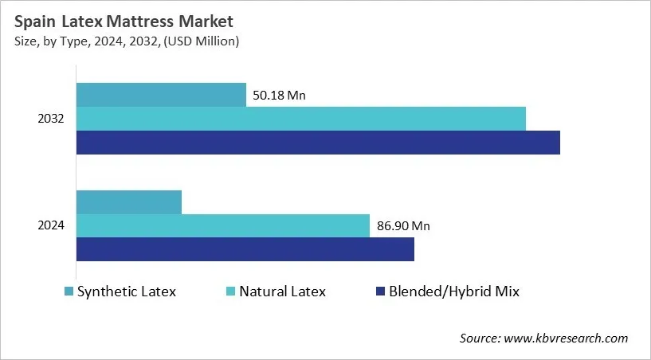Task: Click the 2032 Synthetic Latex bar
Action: pos(161,95)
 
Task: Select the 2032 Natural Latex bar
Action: pos(301,119)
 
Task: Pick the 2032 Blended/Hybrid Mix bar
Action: pos(318,143)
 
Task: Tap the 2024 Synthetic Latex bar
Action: pos(129,202)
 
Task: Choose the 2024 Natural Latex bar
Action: pos(223,225)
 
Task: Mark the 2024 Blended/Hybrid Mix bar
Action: pos(245,249)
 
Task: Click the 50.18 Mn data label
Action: pos(279,96)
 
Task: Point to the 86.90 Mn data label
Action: pos(403,226)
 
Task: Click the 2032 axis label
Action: pos(51,119)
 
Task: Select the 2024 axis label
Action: pos(51,225)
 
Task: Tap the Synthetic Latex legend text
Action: pos(126,292)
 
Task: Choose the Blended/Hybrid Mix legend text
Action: pos(453,292)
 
